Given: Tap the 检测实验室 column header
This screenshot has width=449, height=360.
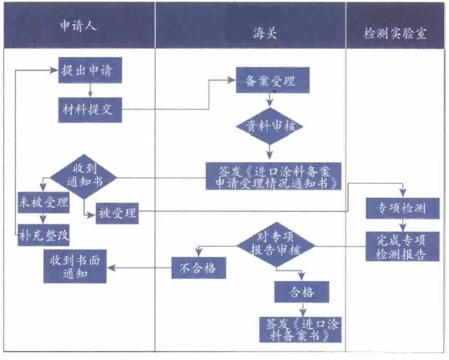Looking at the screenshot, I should (396, 32).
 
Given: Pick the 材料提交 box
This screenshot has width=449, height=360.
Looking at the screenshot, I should (90, 108).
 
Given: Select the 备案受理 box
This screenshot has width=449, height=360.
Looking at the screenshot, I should (265, 81).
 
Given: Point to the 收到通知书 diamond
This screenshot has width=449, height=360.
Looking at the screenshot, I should (82, 175).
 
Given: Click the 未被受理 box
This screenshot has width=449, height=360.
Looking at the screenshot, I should (43, 203).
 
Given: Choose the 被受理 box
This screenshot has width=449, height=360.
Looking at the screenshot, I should (117, 213).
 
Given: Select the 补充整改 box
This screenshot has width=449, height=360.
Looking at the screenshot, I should (43, 236).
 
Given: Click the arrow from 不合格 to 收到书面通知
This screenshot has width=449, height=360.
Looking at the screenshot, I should (140, 266).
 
